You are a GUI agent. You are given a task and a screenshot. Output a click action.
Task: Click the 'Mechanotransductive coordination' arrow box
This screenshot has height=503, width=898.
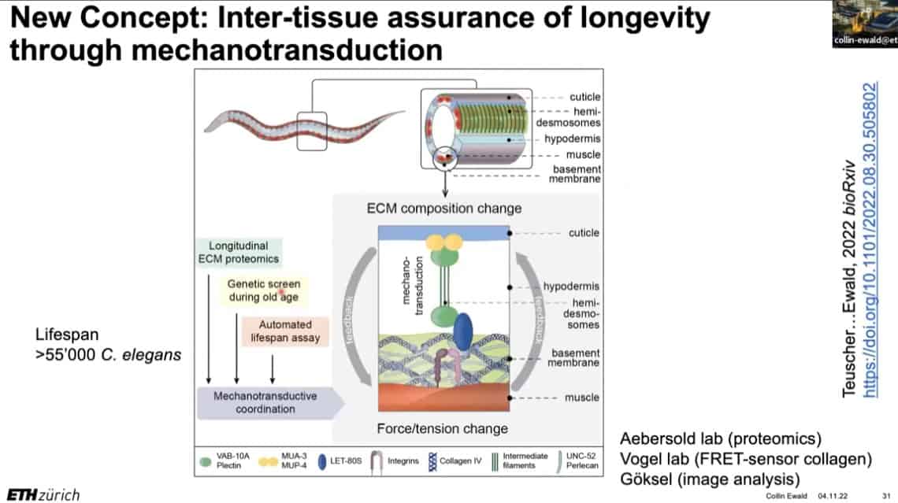pyautogui.click(x=268, y=401)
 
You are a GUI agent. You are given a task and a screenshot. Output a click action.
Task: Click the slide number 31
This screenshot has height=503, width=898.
pyautogui.click(x=885, y=496)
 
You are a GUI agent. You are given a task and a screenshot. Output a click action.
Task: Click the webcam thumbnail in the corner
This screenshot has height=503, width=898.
pyautogui.click(x=864, y=24)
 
